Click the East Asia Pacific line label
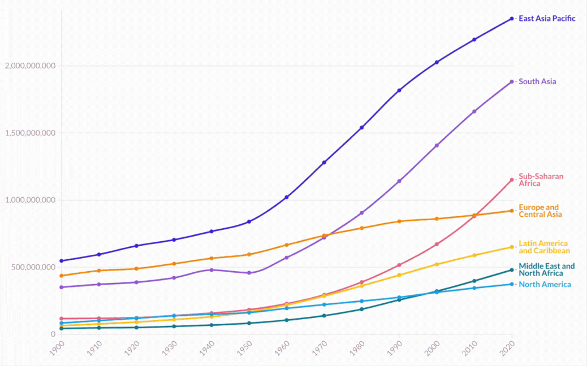click(547, 19)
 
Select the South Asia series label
click(537, 81)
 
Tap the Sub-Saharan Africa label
click(541, 180)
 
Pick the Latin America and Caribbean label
click(544, 247)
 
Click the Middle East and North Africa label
click(546, 269)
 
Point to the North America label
click(545, 284)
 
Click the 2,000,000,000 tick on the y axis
click(30, 66)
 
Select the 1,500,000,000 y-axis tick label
click(30, 133)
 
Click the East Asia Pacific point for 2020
click(512, 19)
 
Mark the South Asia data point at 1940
click(212, 270)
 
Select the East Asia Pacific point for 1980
click(361, 128)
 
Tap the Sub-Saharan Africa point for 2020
click(512, 180)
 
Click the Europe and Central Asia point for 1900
click(61, 276)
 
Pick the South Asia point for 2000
click(437, 146)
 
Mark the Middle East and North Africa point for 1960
click(287, 320)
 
